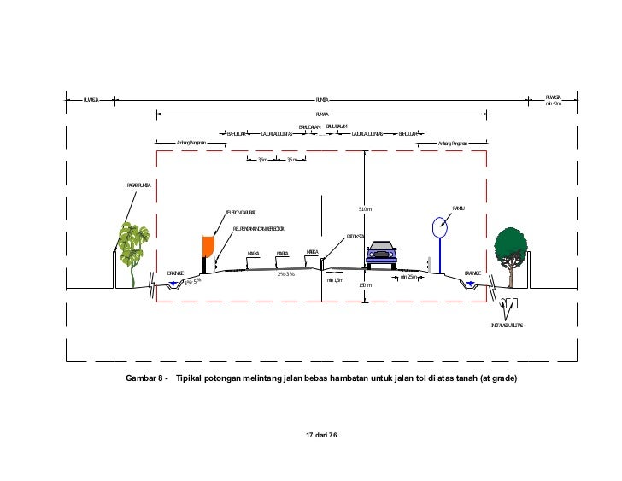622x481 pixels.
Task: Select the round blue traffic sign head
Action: pyautogui.click(x=439, y=227)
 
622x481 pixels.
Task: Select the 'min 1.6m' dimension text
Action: pyautogui.click(x=335, y=279)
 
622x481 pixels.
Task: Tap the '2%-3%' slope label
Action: pyautogui.click(x=285, y=274)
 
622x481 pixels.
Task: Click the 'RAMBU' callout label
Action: pyautogui.click(x=458, y=208)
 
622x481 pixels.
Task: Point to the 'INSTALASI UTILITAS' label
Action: pyautogui.click(x=508, y=326)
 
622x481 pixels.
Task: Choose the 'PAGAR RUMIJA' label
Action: pyautogui.click(x=139, y=184)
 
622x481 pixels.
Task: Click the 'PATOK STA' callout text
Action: pyautogui.click(x=355, y=236)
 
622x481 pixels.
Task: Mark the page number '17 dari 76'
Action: pyautogui.click(x=322, y=436)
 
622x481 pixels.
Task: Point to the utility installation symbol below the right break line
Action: pyautogui.click(x=510, y=304)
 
